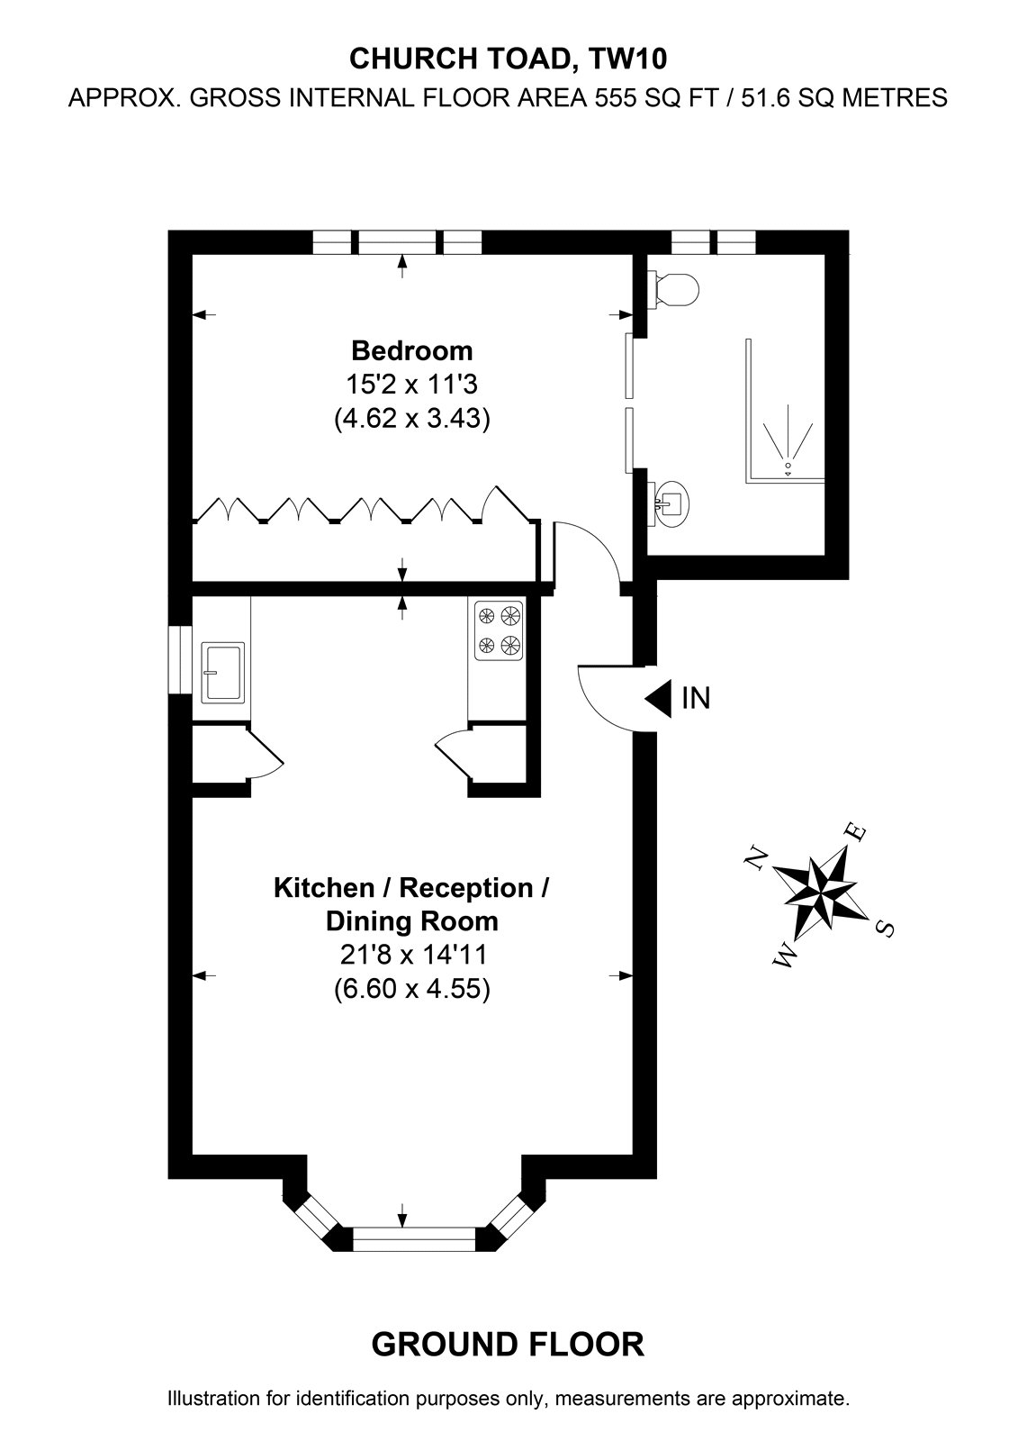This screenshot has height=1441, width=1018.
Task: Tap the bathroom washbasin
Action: [669, 504]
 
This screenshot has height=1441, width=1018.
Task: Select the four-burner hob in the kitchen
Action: [499, 630]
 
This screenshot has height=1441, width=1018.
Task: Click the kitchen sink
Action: [222, 672]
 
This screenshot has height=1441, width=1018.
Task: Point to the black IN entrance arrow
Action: [658, 698]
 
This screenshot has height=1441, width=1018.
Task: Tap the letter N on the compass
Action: [757, 857]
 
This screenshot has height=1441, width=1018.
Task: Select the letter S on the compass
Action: [885, 929]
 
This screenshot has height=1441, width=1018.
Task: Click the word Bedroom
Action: [411, 351]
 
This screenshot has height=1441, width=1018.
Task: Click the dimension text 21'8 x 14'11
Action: [413, 955]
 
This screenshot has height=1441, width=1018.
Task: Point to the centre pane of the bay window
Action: [415, 1239]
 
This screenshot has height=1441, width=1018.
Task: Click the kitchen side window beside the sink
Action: [180, 659]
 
